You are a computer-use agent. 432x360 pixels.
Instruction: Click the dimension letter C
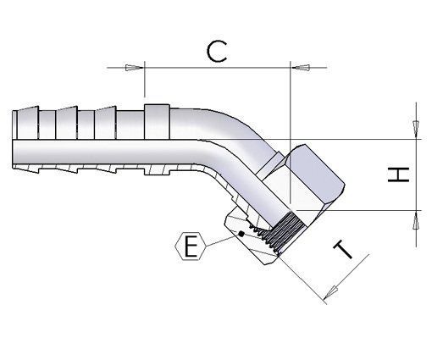point(218,52)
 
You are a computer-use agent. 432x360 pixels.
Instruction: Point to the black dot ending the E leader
point(241,234)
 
